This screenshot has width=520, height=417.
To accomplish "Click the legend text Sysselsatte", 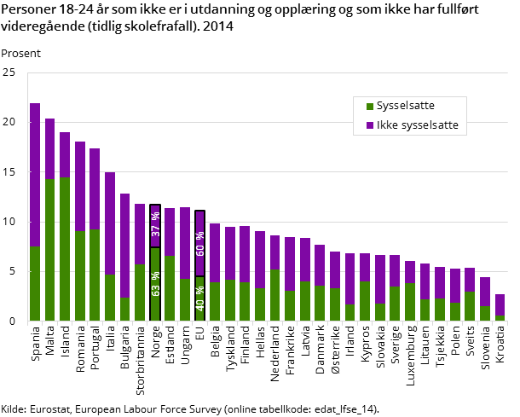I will click(x=405, y=107).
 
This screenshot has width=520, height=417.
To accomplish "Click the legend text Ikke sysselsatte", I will click(x=417, y=125).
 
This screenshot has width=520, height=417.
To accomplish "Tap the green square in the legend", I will click(x=370, y=107).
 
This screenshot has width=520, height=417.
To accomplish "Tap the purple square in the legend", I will click(x=370, y=125).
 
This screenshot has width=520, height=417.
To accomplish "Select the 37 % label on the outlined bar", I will click(x=155, y=224).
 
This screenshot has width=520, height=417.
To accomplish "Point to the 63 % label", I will click(x=155, y=284).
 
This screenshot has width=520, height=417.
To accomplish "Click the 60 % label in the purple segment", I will click(x=200, y=243).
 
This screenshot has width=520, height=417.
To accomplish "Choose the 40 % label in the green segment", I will click(x=200, y=298).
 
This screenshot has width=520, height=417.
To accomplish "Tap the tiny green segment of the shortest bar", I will click(x=500, y=318).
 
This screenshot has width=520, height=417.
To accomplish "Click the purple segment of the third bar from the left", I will click(x=65, y=154).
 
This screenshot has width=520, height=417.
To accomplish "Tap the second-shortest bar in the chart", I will click(x=485, y=298).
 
